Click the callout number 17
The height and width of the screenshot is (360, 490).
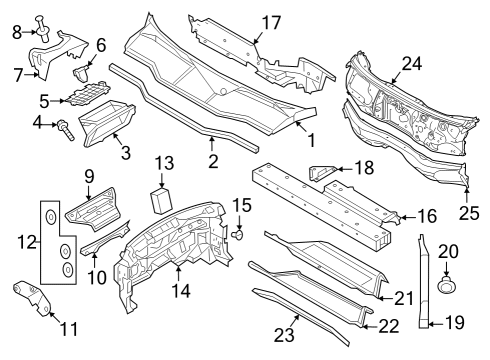coord(271,23)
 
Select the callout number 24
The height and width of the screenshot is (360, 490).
coord(412,64)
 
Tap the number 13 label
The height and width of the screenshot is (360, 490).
coord(164,164)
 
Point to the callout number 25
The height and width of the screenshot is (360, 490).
coord(469,213)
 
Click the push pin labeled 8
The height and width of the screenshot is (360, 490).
coord(43,29)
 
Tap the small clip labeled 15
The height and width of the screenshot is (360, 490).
coord(238,234)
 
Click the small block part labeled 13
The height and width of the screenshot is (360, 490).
coord(162,201)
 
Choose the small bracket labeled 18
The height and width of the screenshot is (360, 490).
coord(321,173)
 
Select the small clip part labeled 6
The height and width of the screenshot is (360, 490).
coord(80,73)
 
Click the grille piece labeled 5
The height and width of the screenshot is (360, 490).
coord(88,93)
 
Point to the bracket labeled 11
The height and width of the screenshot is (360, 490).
coord(32,298)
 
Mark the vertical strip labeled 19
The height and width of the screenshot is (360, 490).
coord(423,282)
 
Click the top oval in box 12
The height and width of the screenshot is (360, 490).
coord(50,217)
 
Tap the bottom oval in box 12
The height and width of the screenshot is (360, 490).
coord(68,269)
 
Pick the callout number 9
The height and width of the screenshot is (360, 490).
coord(89,177)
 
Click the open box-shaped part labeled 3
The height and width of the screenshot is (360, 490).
coord(107,124)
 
